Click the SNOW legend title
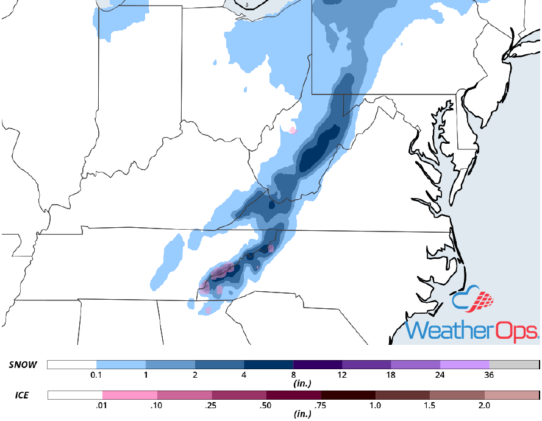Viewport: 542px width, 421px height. click(23, 365)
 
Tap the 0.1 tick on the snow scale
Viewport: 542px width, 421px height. click(96, 375)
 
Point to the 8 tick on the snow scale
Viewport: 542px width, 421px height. click(293, 375)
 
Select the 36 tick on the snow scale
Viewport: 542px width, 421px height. click(490, 375)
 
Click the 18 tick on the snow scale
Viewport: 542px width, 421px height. click(391, 375)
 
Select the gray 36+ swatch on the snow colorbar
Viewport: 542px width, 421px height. click(514, 365)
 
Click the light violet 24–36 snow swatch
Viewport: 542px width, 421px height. click(465, 365)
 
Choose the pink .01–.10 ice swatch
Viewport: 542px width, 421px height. click(129, 395)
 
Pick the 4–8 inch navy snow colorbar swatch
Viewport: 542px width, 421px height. click(268, 365)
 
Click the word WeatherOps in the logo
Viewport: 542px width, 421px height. click(472, 330)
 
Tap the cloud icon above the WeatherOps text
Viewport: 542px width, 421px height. click(473, 300)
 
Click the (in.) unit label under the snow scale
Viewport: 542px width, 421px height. click(294, 384)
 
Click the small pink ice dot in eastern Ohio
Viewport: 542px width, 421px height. click(293, 130)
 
